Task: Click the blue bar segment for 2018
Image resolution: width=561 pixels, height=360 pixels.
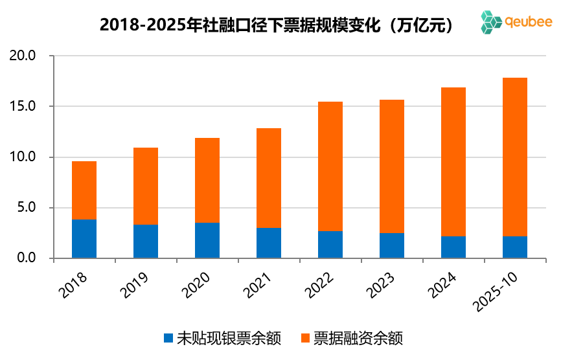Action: [x=84, y=239]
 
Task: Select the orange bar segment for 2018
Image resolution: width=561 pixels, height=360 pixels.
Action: [x=84, y=190]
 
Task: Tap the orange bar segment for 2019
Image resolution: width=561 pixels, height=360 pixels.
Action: [x=146, y=186]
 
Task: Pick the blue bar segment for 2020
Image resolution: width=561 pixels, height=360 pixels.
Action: [x=207, y=240]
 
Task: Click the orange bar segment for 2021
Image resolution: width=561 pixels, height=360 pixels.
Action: [x=269, y=178]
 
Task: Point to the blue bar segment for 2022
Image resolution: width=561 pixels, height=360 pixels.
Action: [x=330, y=245]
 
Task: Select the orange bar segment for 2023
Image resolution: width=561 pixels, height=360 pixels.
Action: [x=392, y=166]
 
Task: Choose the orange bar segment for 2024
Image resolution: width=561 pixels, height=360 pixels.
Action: [x=453, y=162]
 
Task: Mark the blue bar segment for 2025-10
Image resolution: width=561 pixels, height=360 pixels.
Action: [x=515, y=247]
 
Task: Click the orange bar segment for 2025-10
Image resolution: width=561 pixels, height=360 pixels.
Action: [x=515, y=157]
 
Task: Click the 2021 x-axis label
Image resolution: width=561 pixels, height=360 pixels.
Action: [x=258, y=284]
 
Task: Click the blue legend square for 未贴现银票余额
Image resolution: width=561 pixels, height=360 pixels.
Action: [x=168, y=338]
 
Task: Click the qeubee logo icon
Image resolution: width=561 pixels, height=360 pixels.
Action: [x=492, y=22]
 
